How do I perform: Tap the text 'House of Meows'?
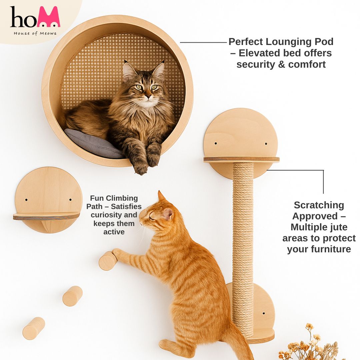35,34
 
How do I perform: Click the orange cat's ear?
168,214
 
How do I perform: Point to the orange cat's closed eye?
152,217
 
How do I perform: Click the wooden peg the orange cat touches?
108,261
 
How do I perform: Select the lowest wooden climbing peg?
34,328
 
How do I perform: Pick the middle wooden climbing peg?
73,296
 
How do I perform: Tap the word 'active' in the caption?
114,232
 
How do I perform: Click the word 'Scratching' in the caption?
319,205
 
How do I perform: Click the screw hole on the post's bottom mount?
264,313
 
